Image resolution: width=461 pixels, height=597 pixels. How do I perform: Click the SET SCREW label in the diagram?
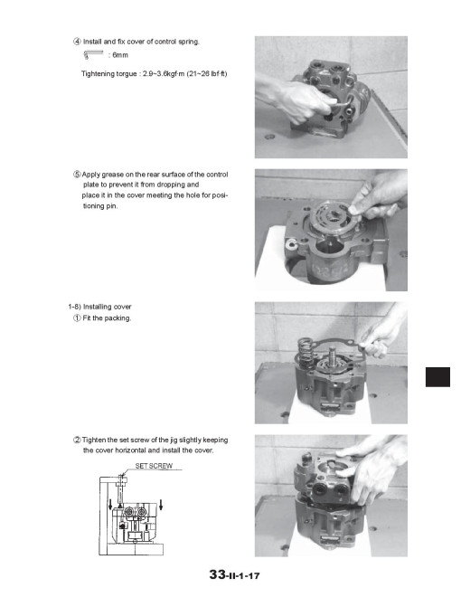[154, 466]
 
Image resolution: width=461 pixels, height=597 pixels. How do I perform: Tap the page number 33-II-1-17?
[234, 574]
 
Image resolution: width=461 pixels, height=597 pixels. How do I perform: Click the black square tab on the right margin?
[437, 377]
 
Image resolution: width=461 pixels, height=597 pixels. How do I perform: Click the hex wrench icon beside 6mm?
[93, 55]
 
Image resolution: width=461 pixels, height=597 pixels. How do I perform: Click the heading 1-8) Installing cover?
[99, 307]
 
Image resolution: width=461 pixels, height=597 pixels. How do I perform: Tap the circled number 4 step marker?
[77, 42]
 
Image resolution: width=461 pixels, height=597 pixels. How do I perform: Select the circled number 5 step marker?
[77, 175]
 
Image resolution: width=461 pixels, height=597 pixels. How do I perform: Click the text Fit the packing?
[107, 317]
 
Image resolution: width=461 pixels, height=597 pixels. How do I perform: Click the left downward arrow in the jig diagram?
[110, 504]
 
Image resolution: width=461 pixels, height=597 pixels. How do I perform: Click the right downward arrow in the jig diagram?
[161, 504]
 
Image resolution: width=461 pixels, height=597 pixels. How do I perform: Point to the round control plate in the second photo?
[328, 219]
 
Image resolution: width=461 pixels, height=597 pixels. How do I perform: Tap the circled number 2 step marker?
[77, 441]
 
